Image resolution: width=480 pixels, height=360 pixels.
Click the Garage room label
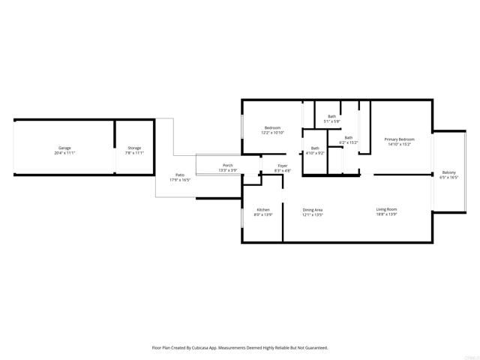click(65, 148)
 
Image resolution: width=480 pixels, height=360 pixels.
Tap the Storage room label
click(134, 148)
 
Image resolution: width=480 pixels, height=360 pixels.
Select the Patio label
click(180, 174)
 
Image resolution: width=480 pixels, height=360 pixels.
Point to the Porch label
click(227, 166)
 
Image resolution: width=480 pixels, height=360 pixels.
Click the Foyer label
click(283, 166)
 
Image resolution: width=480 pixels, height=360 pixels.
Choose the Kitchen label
click(263, 209)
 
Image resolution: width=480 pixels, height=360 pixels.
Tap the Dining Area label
click(313, 209)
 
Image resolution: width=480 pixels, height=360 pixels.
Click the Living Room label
click(386, 209)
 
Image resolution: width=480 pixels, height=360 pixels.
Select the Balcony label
click(448, 172)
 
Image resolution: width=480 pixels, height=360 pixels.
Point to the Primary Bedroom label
click(400, 139)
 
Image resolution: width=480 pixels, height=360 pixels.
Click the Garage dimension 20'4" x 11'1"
click(65, 153)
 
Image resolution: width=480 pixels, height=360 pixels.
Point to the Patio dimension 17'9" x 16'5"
click(180, 180)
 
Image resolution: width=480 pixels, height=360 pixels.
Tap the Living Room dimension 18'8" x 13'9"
click(386, 214)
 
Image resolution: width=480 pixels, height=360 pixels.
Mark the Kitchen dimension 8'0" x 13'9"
click(263, 214)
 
